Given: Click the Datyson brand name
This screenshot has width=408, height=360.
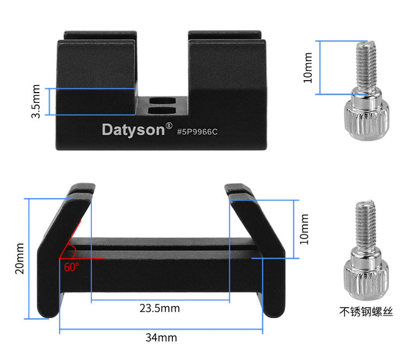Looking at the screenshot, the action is pyautogui.click(x=133, y=130).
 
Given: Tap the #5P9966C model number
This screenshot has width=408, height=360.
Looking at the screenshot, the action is pyautogui.click(x=197, y=132).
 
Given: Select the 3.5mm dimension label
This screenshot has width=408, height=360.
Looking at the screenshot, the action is pyautogui.click(x=36, y=101).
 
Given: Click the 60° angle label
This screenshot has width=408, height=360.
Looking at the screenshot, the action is pyautogui.click(x=72, y=267).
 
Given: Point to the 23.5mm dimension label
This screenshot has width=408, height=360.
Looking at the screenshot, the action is pyautogui.click(x=159, y=308).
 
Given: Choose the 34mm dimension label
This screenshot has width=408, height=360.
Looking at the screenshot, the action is pyautogui.click(x=162, y=338).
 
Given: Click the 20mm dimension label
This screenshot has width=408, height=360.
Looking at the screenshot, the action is pyautogui.click(x=20, y=258).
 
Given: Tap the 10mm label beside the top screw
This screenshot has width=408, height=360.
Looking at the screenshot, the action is pyautogui.click(x=307, y=68).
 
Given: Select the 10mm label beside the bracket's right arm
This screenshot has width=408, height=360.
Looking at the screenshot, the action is pyautogui.click(x=304, y=229).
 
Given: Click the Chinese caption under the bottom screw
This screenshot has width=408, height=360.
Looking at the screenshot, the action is pyautogui.click(x=366, y=312).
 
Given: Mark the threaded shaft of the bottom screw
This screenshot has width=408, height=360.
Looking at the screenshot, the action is pyautogui.click(x=366, y=226).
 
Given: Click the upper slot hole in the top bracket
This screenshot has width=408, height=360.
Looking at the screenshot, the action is pyautogui.click(x=162, y=101).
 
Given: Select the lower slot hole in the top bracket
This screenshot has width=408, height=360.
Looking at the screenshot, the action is pyautogui.click(x=162, y=111).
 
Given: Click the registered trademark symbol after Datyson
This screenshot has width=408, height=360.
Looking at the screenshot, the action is pyautogui.click(x=169, y=126).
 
